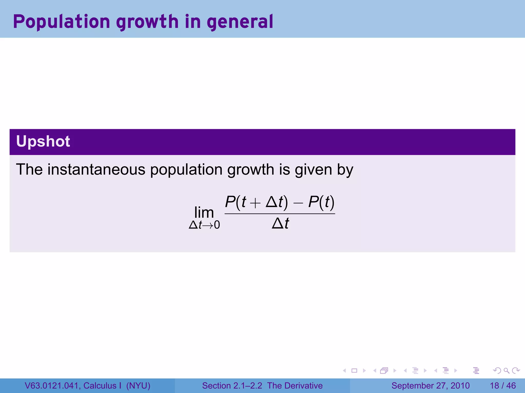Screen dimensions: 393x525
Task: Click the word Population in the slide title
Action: (62, 22)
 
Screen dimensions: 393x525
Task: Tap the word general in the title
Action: (240, 22)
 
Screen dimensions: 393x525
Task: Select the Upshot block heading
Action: (43, 141)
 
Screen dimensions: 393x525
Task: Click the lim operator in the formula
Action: (204, 212)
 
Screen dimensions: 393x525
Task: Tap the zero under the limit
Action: (217, 225)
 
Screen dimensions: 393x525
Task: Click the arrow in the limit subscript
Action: (208, 225)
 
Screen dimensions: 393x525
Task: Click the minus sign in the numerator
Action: (298, 203)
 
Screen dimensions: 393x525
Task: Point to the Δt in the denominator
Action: (280, 224)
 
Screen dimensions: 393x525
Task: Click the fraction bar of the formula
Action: (280, 214)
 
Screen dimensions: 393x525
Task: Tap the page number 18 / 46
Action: (503, 386)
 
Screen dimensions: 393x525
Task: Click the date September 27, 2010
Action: (430, 386)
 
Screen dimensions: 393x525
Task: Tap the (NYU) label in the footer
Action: (138, 386)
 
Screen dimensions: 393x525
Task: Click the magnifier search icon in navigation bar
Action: (506, 370)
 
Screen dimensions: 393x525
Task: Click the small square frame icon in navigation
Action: (354, 370)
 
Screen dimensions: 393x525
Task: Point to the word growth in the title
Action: (147, 22)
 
